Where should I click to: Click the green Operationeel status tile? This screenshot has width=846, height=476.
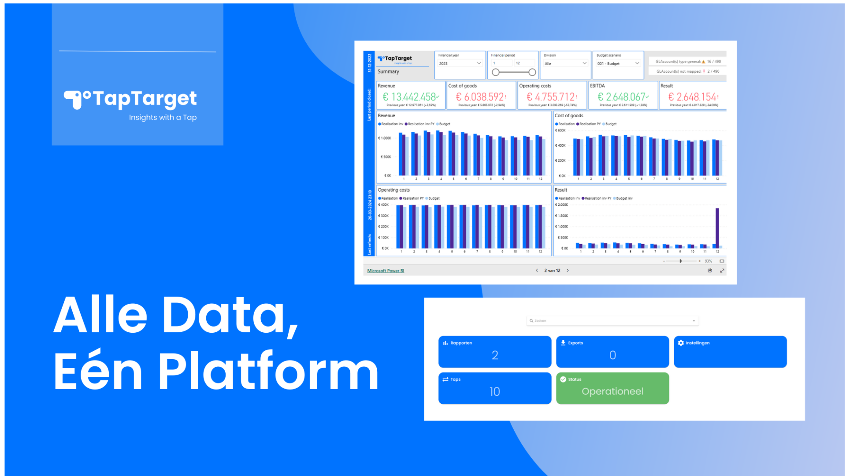tap(612, 388)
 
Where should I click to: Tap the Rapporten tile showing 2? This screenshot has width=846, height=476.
tap(494, 352)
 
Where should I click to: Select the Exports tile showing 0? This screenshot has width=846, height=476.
tap(612, 352)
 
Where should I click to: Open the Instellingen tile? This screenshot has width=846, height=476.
tap(730, 352)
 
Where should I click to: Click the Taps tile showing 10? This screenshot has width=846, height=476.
tap(494, 388)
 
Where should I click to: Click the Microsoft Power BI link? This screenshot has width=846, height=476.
tap(386, 271)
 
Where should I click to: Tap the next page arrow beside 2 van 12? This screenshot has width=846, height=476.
tap(568, 271)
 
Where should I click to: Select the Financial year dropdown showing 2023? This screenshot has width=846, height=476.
tap(460, 63)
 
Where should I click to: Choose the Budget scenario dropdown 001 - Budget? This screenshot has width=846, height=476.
tap(618, 63)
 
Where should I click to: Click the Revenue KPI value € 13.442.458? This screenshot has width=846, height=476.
tap(410, 97)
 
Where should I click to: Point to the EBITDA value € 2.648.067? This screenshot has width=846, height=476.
tap(622, 97)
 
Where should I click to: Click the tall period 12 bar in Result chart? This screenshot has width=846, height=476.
tap(717, 227)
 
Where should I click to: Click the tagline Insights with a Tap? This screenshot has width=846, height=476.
tap(163, 117)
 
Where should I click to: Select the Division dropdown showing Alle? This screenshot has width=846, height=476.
tap(565, 63)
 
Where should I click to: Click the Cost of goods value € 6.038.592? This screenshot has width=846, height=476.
tap(481, 97)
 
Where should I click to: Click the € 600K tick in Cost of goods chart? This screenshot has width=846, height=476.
tap(560, 130)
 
